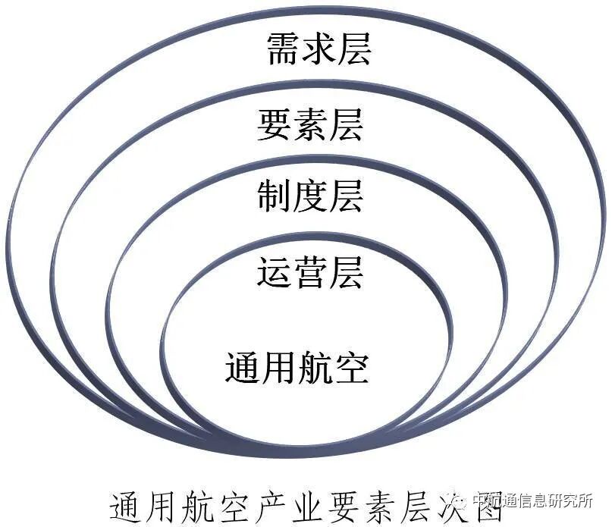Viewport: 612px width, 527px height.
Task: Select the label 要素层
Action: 310,124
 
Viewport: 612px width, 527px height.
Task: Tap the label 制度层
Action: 310,195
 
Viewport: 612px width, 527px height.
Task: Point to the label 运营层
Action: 310,271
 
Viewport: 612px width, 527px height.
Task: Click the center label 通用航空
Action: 297,367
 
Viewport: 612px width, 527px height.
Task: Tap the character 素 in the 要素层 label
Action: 311,124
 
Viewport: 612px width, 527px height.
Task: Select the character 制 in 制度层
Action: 275,195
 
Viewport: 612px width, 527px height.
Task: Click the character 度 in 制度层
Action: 311,195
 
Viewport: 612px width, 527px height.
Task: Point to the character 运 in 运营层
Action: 275,271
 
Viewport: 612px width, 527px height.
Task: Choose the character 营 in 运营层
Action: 311,271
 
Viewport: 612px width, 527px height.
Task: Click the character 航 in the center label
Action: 315,367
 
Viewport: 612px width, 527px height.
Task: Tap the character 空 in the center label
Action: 352,367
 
